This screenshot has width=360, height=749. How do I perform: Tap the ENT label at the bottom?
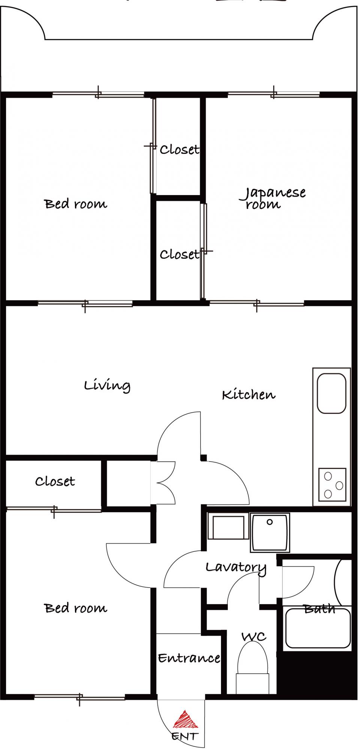185,736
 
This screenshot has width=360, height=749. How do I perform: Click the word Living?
107,385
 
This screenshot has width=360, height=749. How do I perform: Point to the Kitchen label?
249,394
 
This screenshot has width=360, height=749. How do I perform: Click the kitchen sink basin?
332,393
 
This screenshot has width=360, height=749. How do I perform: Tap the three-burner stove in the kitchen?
332,485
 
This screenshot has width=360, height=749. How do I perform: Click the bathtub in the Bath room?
318,628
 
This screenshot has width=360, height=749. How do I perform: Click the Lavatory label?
236,567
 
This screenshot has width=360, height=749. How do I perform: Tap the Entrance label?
189,658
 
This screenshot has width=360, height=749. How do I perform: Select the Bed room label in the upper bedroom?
76,204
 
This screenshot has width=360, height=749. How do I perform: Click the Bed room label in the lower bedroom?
76,608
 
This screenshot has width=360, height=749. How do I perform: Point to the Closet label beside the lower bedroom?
55,481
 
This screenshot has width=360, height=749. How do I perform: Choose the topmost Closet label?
179,150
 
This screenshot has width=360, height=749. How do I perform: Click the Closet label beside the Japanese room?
179,255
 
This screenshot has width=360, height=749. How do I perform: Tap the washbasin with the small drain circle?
270,533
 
